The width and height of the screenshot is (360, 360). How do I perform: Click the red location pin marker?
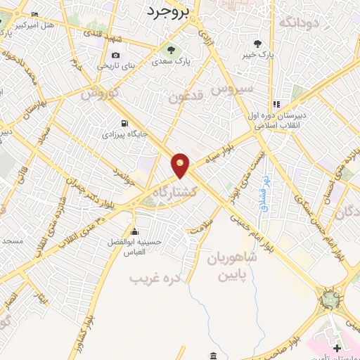tap(181, 165)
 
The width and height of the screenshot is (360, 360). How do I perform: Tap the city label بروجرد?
tap(167, 11)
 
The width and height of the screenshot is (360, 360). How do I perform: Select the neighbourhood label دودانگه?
tap(300, 23)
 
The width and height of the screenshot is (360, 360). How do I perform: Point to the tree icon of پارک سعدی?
tap(169, 50)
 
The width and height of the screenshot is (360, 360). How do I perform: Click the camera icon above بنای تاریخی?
tap(116, 56)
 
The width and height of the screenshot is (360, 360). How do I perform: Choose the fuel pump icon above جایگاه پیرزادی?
tap(124, 122)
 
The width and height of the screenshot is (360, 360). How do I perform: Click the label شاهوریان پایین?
tap(233, 266)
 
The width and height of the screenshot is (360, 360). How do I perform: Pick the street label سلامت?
tap(200, 226)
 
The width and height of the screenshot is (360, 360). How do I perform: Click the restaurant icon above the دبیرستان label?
tap(276, 104)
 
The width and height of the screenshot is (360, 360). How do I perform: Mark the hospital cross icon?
tap(337, 347)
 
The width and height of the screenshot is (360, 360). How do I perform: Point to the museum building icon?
tap(213, 355)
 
